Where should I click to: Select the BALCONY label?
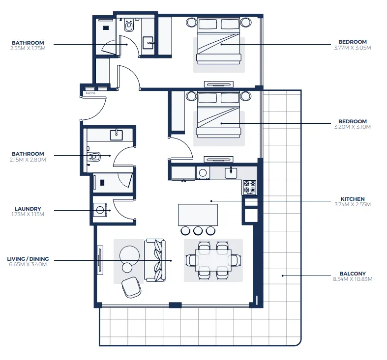[x=353, y=274]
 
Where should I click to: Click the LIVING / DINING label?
[x=28, y=259]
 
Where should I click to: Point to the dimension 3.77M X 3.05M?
[x=352, y=48]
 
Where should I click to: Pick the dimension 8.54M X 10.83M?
[x=353, y=279]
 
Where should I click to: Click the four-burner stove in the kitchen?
[x=249, y=187]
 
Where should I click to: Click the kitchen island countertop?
[x=198, y=215]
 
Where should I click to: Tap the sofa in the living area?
[x=155, y=260]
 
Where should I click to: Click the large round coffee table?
[x=130, y=255]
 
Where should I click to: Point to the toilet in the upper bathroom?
[x=129, y=26]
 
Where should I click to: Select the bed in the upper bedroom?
[x=219, y=41]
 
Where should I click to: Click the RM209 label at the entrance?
[x=90, y=93]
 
